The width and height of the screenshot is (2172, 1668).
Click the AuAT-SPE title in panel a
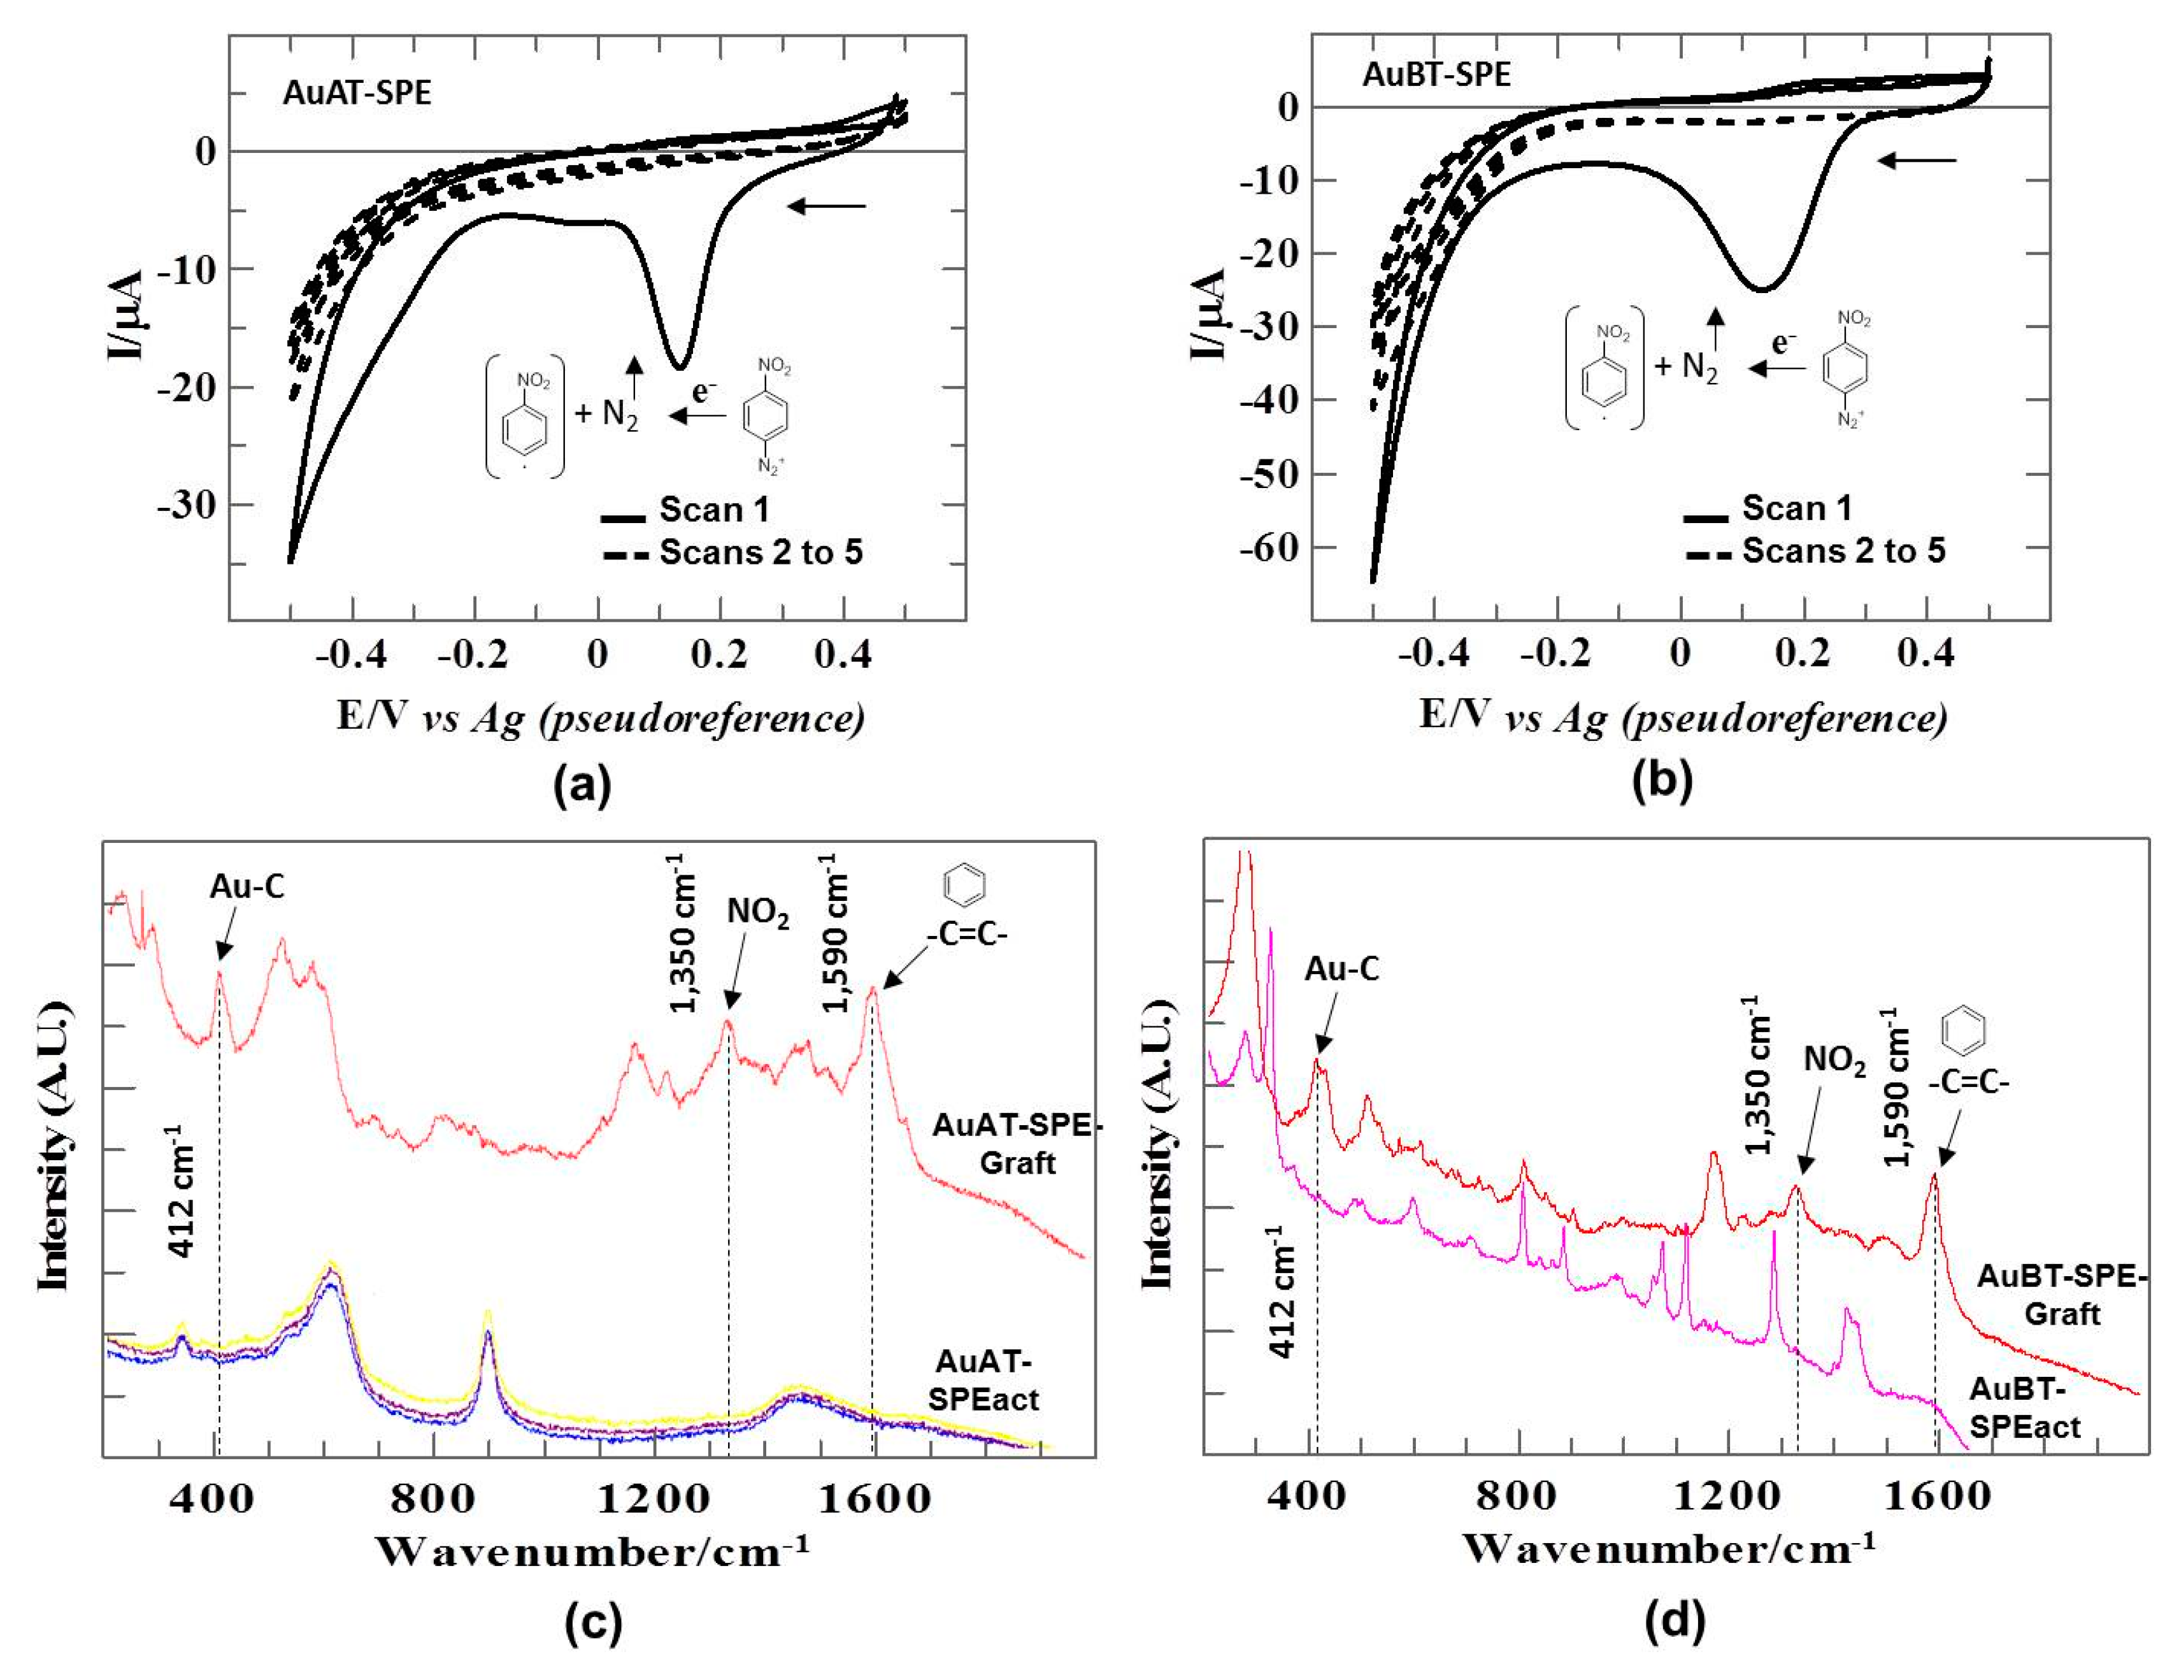tap(357, 92)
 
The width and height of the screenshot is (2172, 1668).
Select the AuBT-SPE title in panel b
tap(1436, 75)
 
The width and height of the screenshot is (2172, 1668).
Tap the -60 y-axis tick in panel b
tap(1269, 548)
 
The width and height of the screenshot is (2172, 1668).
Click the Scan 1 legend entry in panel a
tap(713, 510)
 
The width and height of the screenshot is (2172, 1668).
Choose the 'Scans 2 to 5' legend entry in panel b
tap(1843, 551)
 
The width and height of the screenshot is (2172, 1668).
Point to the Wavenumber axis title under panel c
tap(592, 1551)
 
